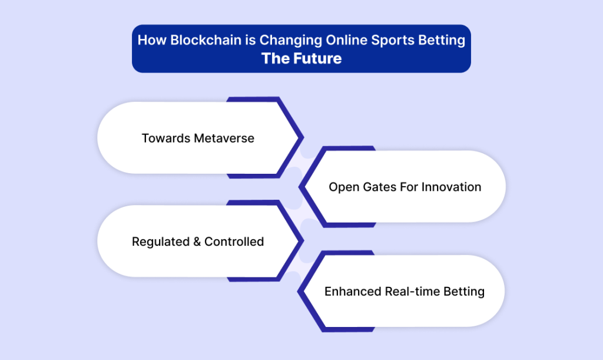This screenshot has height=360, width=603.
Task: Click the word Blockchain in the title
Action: click(x=206, y=40)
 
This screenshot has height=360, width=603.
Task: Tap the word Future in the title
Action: click(x=317, y=58)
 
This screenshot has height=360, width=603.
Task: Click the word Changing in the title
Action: click(x=291, y=41)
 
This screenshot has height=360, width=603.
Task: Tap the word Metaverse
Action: click(x=224, y=138)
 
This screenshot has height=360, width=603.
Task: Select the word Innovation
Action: click(x=451, y=187)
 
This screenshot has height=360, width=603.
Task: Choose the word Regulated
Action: click(x=161, y=242)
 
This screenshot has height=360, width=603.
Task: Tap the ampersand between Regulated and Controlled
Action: click(x=197, y=242)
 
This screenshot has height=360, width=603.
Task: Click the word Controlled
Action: click(x=234, y=242)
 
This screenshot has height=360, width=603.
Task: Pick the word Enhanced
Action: click(x=353, y=292)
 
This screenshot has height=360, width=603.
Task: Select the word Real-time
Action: click(x=412, y=292)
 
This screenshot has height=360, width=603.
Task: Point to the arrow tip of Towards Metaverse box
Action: click(x=303, y=137)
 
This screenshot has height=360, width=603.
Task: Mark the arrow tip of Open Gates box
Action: click(x=300, y=187)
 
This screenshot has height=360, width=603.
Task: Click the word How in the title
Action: click(x=153, y=40)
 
